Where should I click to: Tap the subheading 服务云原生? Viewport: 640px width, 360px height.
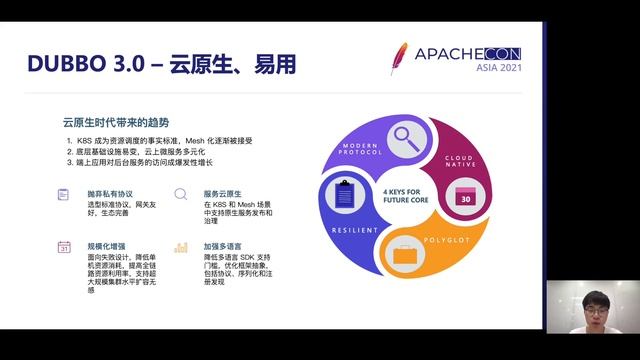click(x=224, y=193)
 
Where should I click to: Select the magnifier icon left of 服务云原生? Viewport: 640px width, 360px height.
click(x=181, y=194)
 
